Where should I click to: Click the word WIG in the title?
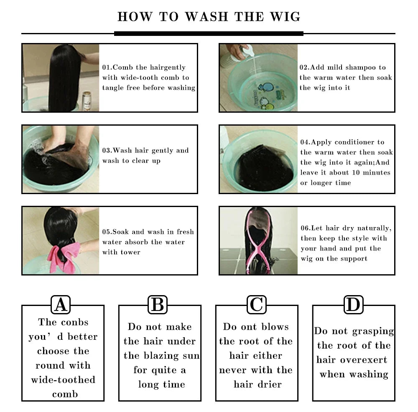click(286, 17)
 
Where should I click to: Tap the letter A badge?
click(61, 305)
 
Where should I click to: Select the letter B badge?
click(158, 305)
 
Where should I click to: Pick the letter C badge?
click(256, 305)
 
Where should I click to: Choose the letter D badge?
click(353, 305)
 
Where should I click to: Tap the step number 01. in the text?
click(107, 68)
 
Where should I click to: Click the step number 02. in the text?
click(304, 68)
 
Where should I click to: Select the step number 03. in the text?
click(107, 151)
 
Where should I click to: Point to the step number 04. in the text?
click(305, 142)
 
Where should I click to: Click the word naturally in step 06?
click(374, 228)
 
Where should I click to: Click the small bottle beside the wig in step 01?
click(87, 101)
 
